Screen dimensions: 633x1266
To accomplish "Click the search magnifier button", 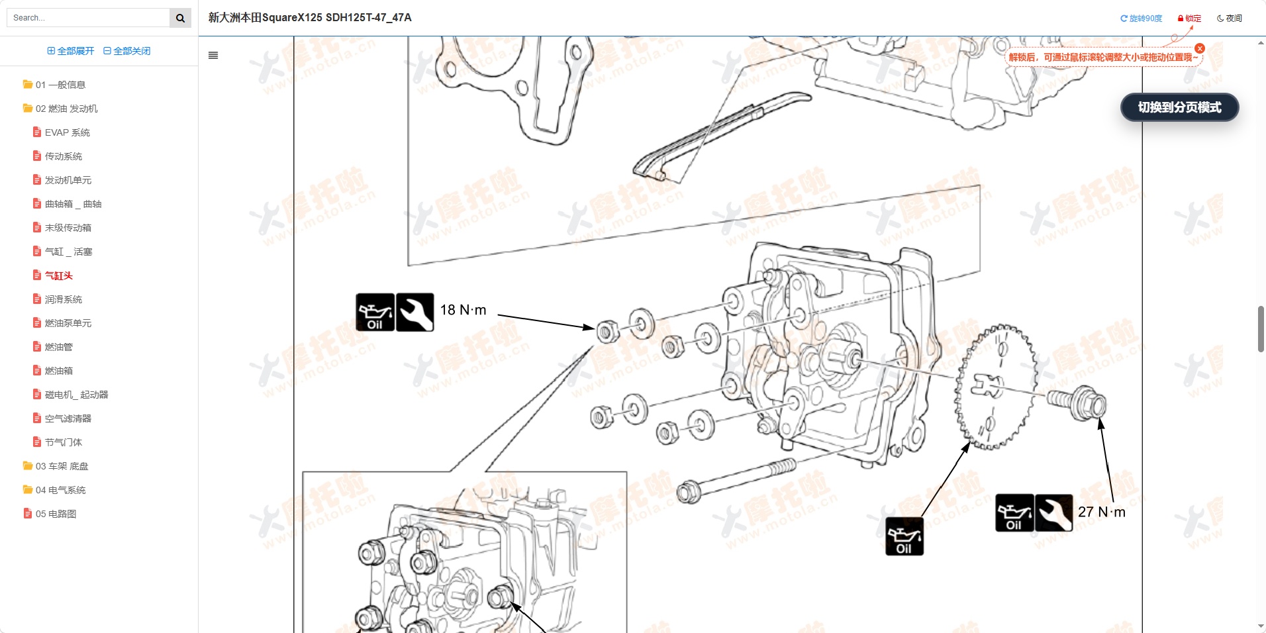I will [180, 18].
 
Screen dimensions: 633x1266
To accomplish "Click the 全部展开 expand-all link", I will [71, 51].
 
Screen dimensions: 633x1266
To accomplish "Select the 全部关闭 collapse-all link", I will [127, 51].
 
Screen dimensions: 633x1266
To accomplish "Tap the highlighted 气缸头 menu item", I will [58, 275].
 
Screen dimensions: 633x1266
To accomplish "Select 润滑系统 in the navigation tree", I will [63, 299].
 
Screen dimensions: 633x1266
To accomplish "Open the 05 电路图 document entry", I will [56, 514].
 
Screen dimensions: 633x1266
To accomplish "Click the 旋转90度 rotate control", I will [1141, 19].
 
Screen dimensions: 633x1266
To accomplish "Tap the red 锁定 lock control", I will [1189, 19].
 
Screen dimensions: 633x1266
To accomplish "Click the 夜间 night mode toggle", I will [1229, 19].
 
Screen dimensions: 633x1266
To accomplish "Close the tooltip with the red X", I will [1200, 48].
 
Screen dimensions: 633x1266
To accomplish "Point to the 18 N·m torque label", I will [463, 310].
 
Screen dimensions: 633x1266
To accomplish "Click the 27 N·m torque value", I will [1101, 512].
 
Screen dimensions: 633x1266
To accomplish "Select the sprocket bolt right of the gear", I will [1078, 402].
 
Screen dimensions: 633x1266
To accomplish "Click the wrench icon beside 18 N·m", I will [414, 313].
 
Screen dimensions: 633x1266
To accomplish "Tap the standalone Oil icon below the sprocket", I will [904, 536].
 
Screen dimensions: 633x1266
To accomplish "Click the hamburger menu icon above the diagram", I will [213, 56].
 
